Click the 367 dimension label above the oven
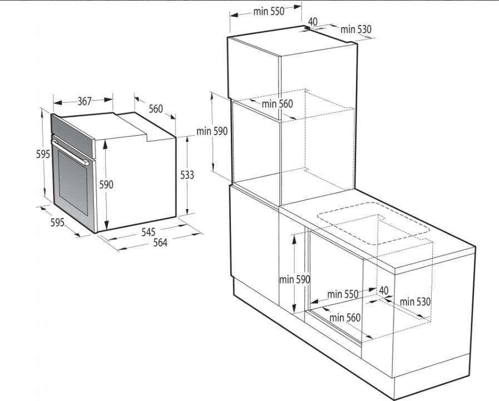(x=85, y=101)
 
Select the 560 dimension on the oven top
(x=156, y=109)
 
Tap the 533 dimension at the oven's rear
(x=187, y=175)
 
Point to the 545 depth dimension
(x=149, y=232)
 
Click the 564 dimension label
(x=160, y=242)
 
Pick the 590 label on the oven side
(x=106, y=184)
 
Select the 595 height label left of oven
(x=43, y=154)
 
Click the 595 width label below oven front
(x=58, y=222)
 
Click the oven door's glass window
(x=73, y=182)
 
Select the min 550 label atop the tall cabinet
(x=269, y=12)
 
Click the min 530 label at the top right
(x=356, y=29)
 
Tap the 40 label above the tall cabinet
(x=313, y=22)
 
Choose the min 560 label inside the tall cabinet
(x=277, y=104)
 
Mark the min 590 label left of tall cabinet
(x=212, y=131)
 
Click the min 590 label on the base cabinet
(x=294, y=279)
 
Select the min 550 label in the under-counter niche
(x=343, y=294)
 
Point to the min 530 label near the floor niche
(x=415, y=301)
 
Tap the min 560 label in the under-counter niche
(x=345, y=318)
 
